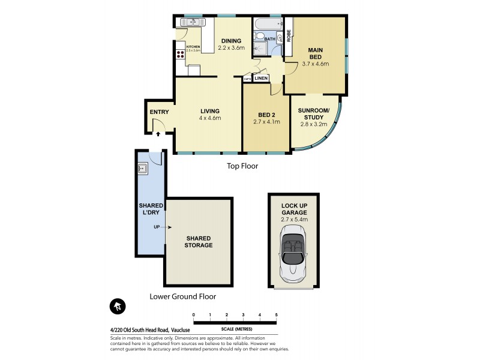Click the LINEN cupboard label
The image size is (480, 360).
coord(261,78)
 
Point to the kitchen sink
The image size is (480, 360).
coord(189,23)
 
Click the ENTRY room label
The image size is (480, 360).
coord(159,112)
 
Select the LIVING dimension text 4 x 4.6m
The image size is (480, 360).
coord(210,118)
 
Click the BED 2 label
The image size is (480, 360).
coord(266,115)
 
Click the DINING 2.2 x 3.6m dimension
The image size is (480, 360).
coord(231,47)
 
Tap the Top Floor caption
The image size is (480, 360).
coord(242,166)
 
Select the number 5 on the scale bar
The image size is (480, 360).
coord(276,314)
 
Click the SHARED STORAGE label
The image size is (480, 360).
coord(198,241)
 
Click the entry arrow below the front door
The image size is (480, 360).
coord(158,134)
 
